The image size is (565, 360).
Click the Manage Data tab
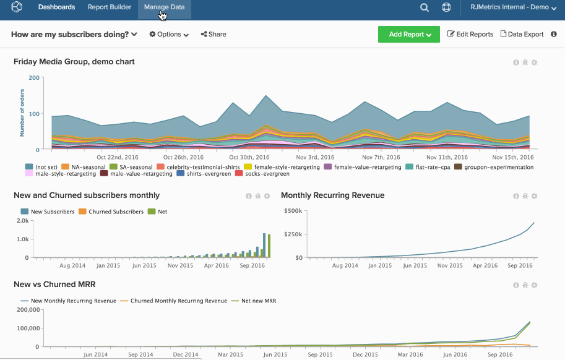click(164, 7)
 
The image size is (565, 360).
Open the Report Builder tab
click(110, 7)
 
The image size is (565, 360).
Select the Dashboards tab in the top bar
click(56, 7)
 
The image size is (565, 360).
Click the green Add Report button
click(408, 35)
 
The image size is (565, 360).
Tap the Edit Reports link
click(470, 35)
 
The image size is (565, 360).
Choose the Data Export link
click(522, 35)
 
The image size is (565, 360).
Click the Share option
click(213, 35)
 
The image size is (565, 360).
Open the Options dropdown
click(169, 35)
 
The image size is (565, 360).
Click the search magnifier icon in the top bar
click(425, 7)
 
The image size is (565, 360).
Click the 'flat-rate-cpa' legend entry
click(431, 167)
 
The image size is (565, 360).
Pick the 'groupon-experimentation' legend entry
click(498, 167)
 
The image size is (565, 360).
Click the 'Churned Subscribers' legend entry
click(116, 212)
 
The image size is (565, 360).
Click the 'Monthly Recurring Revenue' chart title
click(332, 195)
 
